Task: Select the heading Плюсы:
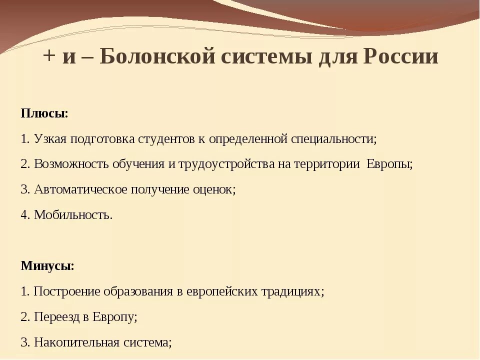[x=44, y=113]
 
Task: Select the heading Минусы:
[x=47, y=265]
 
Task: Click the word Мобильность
[x=73, y=215]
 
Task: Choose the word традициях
[x=292, y=291]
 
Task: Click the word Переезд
[x=54, y=316]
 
